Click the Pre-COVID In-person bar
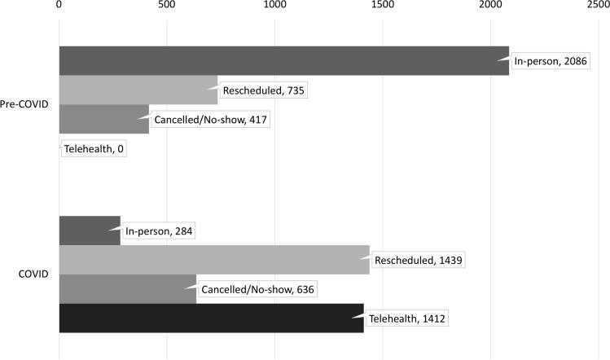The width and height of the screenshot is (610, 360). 283,61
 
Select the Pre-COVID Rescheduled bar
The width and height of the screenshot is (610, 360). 138,90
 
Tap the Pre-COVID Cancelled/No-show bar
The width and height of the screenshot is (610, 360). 103,119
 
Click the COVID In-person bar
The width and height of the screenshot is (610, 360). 90,230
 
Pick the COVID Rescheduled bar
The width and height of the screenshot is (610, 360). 214,260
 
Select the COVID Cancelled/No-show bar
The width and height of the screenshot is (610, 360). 128,289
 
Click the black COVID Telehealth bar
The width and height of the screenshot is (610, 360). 211,318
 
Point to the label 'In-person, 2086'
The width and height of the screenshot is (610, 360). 550,61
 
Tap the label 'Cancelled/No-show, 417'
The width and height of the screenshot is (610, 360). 210,120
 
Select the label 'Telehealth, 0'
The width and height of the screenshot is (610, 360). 94,149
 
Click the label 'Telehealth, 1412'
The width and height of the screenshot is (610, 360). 410,318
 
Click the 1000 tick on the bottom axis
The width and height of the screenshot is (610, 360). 274,353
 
